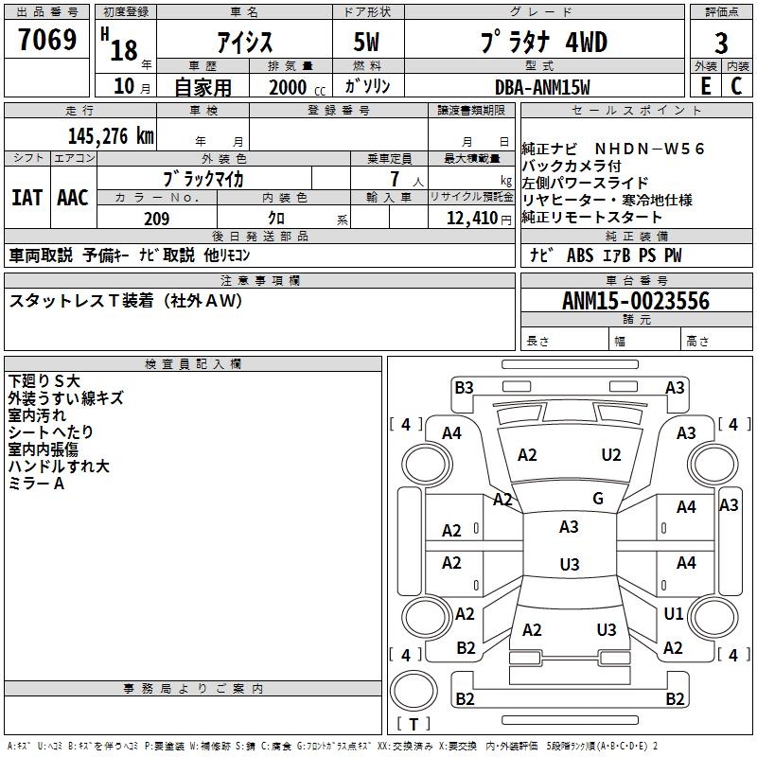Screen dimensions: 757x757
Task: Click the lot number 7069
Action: pyautogui.click(x=47, y=42)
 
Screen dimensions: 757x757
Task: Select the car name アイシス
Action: pyautogui.click(x=245, y=43)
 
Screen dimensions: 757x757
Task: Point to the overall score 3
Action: pyautogui.click(x=721, y=43)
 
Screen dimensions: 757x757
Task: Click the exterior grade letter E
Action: pyautogui.click(x=705, y=86)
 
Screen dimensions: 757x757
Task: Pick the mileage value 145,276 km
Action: pyautogui.click(x=110, y=135)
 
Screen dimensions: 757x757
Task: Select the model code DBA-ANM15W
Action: pyautogui.click(x=542, y=87)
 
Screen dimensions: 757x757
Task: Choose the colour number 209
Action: pyautogui.click(x=157, y=219)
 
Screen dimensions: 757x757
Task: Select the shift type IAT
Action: pyautogui.click(x=26, y=198)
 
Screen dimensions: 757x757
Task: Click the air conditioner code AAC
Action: pyautogui.click(x=73, y=198)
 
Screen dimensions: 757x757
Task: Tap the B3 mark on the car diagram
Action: pyautogui.click(x=464, y=387)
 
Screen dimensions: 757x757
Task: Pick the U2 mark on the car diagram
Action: pyautogui.click(x=611, y=455)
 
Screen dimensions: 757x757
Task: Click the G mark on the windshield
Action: pyautogui.click(x=597, y=499)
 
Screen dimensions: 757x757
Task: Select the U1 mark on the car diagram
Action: pyautogui.click(x=673, y=614)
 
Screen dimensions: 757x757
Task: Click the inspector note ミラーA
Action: pyautogui.click(x=36, y=484)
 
